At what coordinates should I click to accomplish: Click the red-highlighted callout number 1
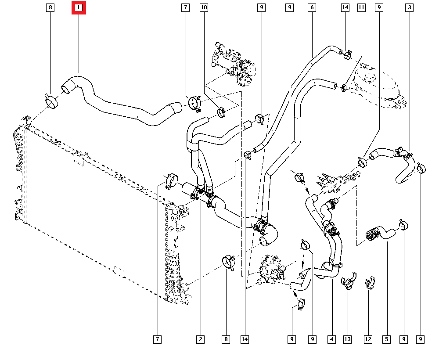pyautogui.click(x=79, y=8)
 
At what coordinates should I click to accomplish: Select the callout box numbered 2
pyautogui.click(x=200, y=339)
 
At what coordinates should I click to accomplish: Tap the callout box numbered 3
pyautogui.click(x=410, y=8)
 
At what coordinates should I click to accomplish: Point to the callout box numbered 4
pyautogui.click(x=331, y=339)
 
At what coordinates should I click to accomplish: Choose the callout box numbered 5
pyautogui.click(x=386, y=339)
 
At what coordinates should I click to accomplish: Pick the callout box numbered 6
pyautogui.click(x=312, y=8)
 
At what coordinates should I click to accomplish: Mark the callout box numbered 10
pyautogui.click(x=204, y=8)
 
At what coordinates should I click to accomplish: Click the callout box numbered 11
pyautogui.click(x=361, y=8)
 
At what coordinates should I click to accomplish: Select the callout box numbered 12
pyautogui.click(x=368, y=339)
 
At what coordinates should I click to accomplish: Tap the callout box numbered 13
pyautogui.click(x=348, y=339)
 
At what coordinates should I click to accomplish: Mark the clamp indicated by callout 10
pyautogui.click(x=221, y=112)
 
